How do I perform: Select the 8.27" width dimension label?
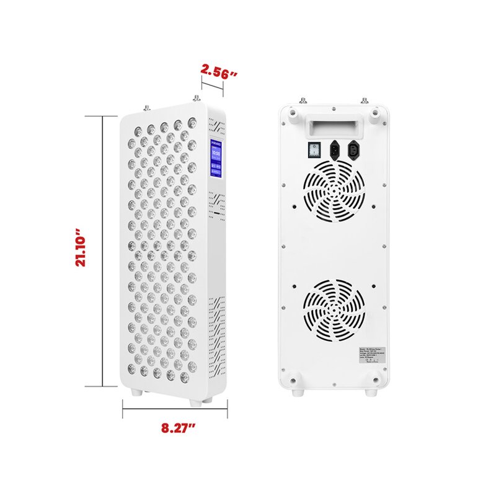(x=176, y=428)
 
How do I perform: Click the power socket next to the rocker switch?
(x=334, y=149)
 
